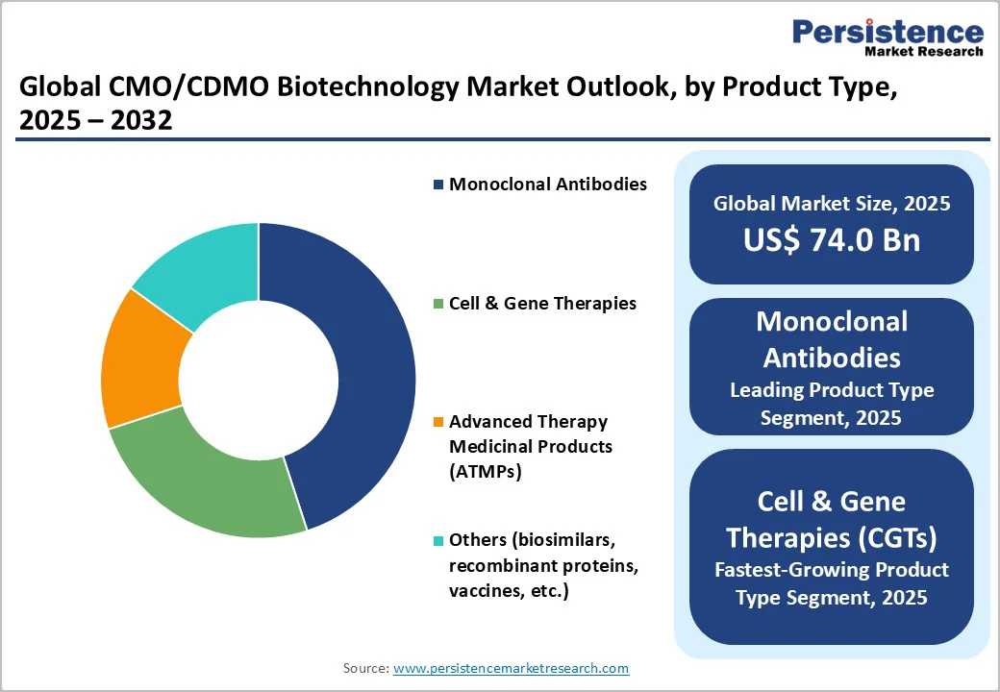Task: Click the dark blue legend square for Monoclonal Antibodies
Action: (x=438, y=184)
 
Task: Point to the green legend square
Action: (x=438, y=304)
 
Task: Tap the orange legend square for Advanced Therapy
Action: (x=438, y=422)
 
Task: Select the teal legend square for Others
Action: (x=438, y=541)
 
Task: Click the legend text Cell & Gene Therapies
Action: (x=542, y=304)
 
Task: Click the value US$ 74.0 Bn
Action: (x=832, y=240)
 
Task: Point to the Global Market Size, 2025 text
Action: (x=832, y=203)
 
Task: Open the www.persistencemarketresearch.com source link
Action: (x=511, y=668)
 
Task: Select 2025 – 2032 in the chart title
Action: (x=96, y=121)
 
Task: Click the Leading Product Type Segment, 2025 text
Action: (x=832, y=404)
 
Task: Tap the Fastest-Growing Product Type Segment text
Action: (x=832, y=583)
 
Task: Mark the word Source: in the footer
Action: (x=365, y=668)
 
